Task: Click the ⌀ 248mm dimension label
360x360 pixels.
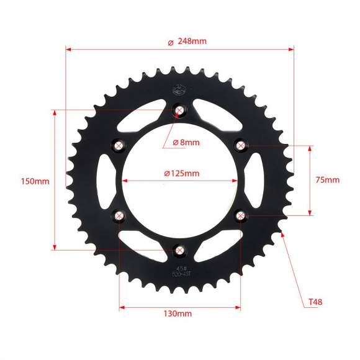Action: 187,42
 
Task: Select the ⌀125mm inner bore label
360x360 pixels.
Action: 182,173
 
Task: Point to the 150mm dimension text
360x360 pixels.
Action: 35,181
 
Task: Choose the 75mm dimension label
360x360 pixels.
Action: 327,180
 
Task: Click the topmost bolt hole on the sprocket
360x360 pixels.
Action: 179,111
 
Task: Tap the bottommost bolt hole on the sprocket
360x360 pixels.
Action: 179,250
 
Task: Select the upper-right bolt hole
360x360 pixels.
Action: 240,145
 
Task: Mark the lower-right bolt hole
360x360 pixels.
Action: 240,215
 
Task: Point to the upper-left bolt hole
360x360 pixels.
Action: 119,145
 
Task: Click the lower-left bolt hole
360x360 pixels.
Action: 119,215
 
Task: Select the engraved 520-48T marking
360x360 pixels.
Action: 181,271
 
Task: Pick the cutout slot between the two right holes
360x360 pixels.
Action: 254,180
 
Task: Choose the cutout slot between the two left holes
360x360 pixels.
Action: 105,180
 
